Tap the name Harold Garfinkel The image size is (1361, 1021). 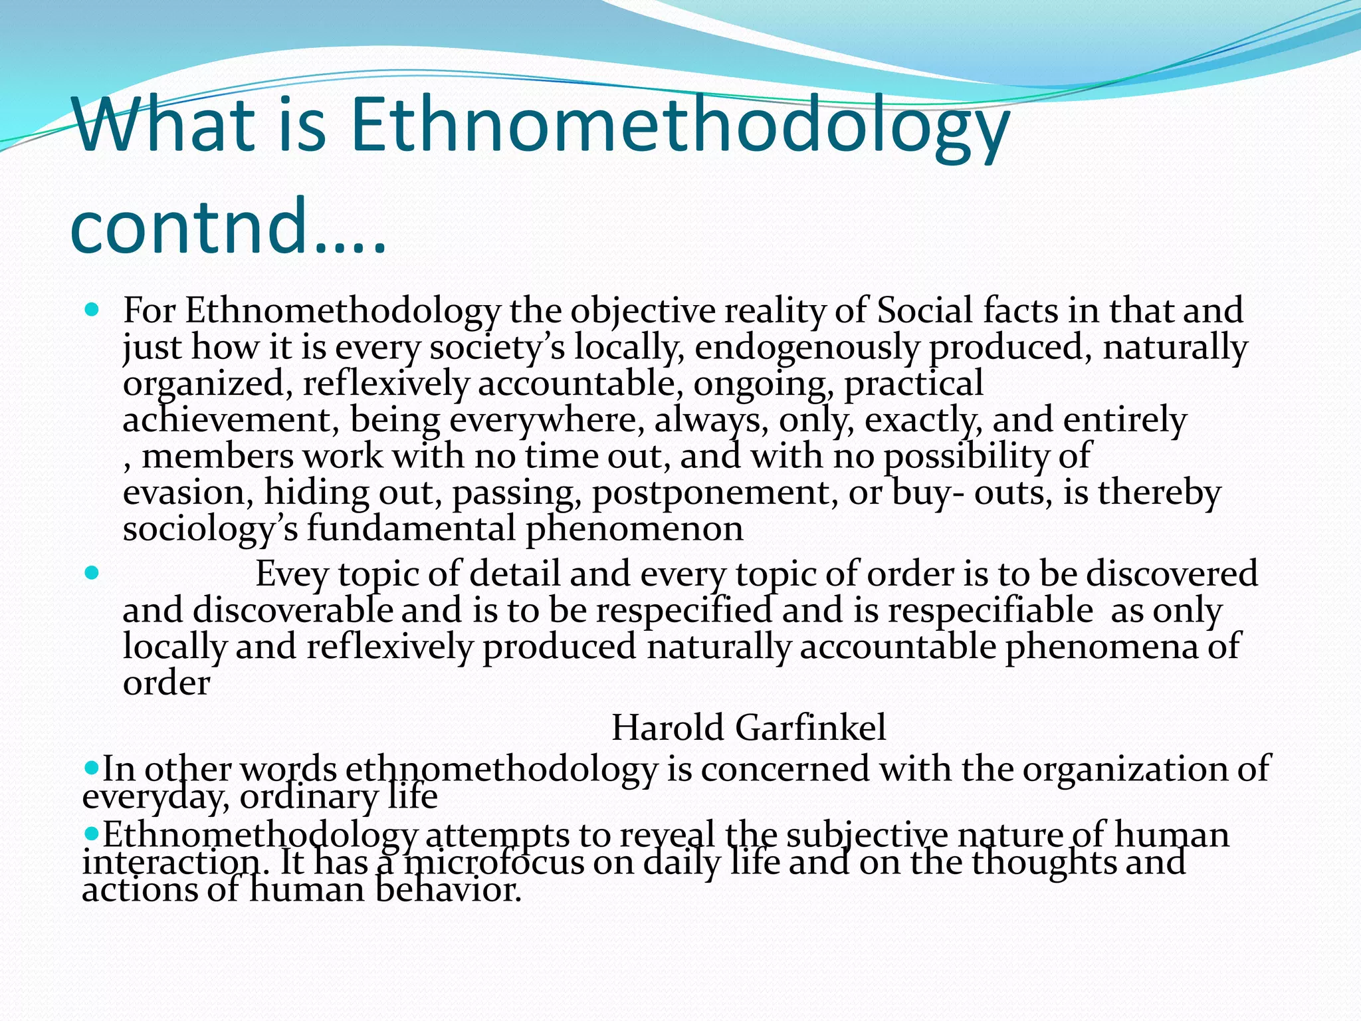pos(748,727)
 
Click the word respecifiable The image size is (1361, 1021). pos(990,610)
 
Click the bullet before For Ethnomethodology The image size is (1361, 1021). pos(92,310)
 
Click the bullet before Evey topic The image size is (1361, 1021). pos(92,572)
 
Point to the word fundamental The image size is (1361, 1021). pos(410,529)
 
